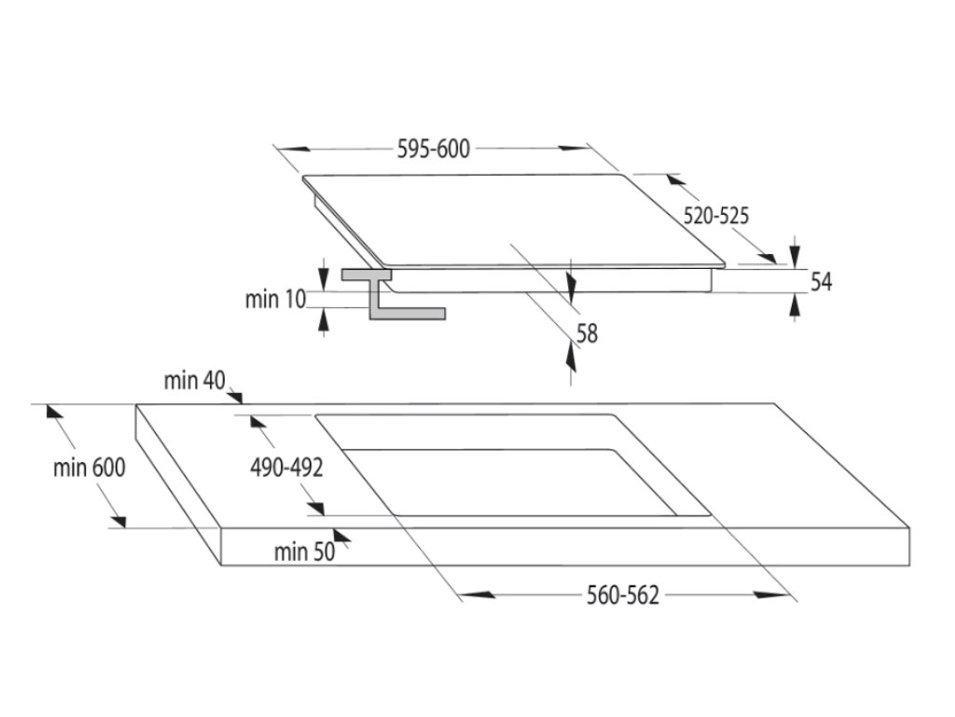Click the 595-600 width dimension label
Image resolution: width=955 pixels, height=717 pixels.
pyautogui.click(x=435, y=148)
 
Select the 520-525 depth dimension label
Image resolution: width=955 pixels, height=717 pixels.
pyautogui.click(x=716, y=216)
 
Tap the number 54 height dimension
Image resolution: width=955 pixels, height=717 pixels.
pyautogui.click(x=821, y=282)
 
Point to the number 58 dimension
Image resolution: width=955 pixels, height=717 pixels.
pyautogui.click(x=588, y=332)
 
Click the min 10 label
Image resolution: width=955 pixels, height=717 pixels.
pyautogui.click(x=275, y=299)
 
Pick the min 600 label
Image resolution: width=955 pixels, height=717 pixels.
pyautogui.click(x=89, y=468)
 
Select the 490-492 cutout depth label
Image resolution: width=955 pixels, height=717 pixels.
pyautogui.click(x=285, y=468)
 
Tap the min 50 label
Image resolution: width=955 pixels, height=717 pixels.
pyautogui.click(x=304, y=552)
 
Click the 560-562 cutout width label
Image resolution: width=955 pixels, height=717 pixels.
pyautogui.click(x=622, y=596)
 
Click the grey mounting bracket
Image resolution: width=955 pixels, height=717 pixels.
pyautogui.click(x=381, y=297)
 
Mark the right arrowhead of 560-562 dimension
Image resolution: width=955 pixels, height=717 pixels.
pyautogui.click(x=775, y=594)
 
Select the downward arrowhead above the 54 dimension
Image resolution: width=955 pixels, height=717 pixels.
pyautogui.click(x=794, y=253)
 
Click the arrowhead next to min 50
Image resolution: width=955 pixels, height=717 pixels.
pyautogui.click(x=342, y=535)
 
